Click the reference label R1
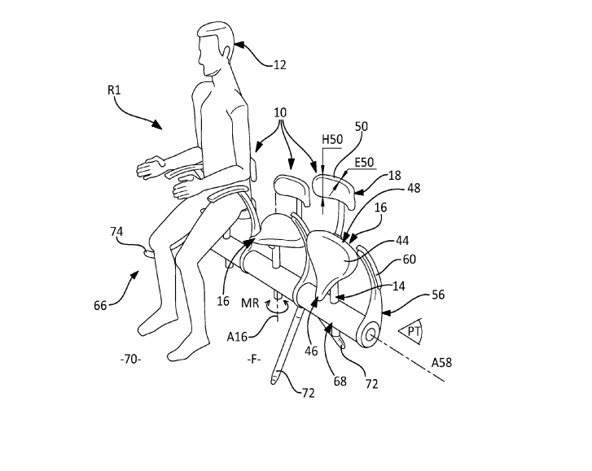pyautogui.click(x=114, y=90)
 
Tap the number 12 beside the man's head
pyautogui.click(x=279, y=65)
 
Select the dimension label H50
pyautogui.click(x=332, y=140)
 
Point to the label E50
pyautogui.click(x=364, y=163)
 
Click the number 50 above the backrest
pyautogui.click(x=362, y=126)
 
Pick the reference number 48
pyautogui.click(x=414, y=188)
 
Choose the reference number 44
pyautogui.click(x=402, y=241)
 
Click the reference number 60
pyautogui.click(x=410, y=259)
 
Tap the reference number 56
pyautogui.click(x=438, y=294)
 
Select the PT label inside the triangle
pyautogui.click(x=414, y=331)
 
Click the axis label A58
pyautogui.click(x=441, y=363)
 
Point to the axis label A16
pyautogui.click(x=237, y=336)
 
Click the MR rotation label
pyautogui.click(x=250, y=303)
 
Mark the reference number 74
pyautogui.click(x=116, y=231)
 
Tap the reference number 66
pyautogui.click(x=100, y=305)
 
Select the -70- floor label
pyautogui.click(x=130, y=360)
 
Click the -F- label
pyautogui.click(x=254, y=360)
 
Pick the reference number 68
pyautogui.click(x=340, y=382)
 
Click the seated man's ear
pyautogui.click(x=227, y=51)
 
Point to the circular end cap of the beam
pyautogui.click(x=369, y=334)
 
